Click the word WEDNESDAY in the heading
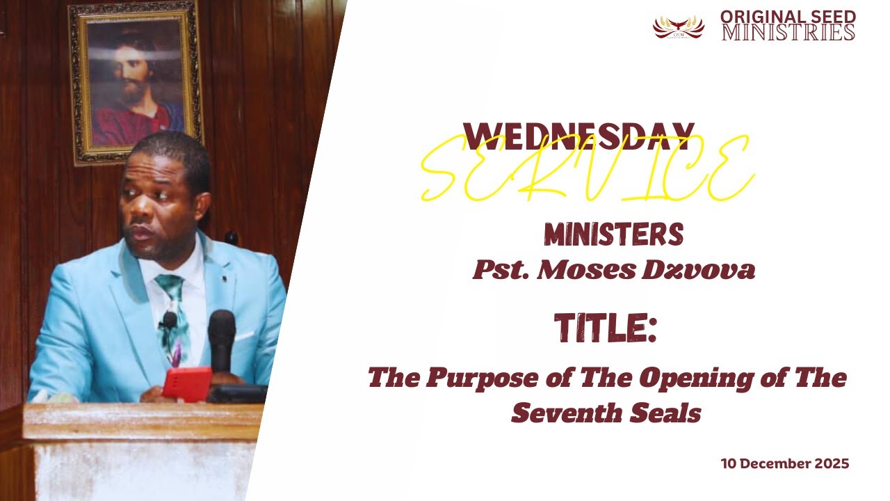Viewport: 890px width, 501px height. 578,136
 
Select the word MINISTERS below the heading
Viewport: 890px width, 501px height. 613,236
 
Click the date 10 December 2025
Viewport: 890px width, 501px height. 784,463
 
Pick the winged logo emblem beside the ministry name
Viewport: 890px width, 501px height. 678,26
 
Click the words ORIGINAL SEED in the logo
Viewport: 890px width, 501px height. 787,16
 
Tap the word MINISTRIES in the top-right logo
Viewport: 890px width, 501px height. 788,33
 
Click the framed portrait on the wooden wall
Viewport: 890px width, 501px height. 136,81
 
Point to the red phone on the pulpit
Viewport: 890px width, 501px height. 186,384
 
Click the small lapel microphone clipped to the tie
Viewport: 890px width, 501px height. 169,320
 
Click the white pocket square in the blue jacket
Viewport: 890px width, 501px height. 244,335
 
